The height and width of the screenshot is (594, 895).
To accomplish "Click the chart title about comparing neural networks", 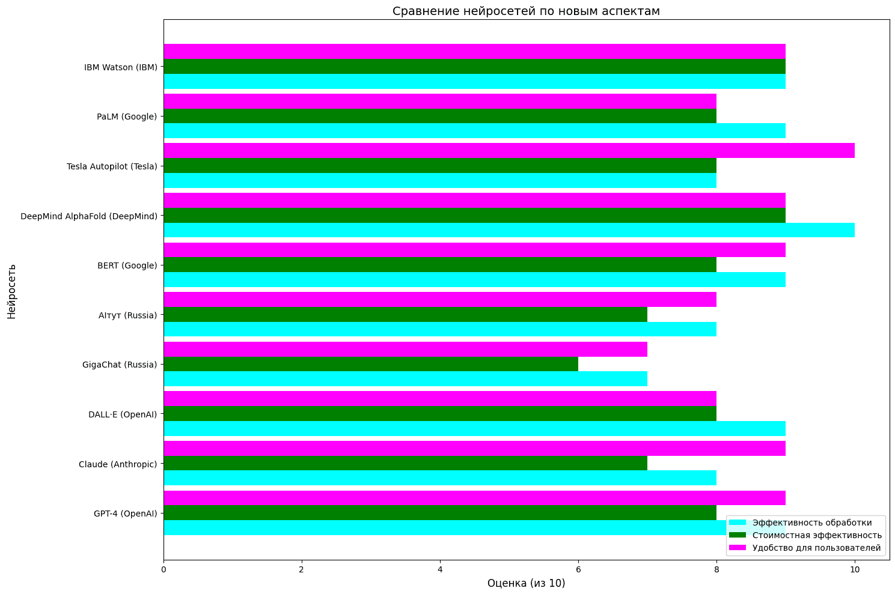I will point(526,11).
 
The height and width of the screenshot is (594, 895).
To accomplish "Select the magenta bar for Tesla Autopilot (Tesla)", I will point(509,151).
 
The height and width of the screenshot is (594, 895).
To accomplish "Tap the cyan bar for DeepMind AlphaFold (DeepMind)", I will point(509,230).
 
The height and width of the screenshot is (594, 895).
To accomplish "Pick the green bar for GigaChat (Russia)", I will point(370,364).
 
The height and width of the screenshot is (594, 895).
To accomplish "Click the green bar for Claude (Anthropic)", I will point(405,463).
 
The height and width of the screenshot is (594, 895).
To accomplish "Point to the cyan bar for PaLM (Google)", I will point(474,131).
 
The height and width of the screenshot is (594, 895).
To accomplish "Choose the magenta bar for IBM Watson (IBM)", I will point(474,52).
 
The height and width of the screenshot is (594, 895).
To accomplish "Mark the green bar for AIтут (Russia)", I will point(405,314).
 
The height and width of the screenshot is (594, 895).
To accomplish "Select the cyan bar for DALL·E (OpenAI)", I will point(474,428).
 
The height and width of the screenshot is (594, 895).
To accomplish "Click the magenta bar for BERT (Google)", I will point(474,250).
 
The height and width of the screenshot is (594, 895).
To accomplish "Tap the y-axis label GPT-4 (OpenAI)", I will point(125,514).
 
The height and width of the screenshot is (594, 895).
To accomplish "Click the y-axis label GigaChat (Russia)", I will point(120,365).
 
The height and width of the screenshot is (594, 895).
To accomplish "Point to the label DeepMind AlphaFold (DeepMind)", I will point(89,216).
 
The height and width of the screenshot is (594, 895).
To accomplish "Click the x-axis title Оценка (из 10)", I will point(526,583).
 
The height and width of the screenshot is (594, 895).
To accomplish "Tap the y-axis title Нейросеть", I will point(11,291).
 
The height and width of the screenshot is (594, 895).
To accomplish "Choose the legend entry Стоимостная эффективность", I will point(817,535).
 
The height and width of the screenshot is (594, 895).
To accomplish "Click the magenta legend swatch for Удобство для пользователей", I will point(738,548).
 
